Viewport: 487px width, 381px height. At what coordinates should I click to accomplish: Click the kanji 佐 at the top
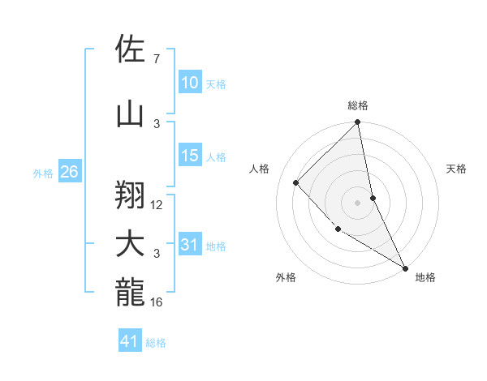(131, 49)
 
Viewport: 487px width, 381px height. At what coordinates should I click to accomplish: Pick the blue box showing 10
(189, 83)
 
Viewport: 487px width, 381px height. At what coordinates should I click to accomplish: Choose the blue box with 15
(189, 156)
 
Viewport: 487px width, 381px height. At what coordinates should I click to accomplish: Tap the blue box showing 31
(189, 245)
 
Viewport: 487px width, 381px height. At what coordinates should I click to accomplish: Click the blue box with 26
(69, 172)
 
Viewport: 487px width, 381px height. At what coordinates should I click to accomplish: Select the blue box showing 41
(130, 341)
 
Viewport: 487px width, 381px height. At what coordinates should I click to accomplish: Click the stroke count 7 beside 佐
(156, 59)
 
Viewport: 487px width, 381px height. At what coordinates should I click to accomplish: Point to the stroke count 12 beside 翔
(157, 205)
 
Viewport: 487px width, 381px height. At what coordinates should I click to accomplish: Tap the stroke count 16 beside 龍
(157, 302)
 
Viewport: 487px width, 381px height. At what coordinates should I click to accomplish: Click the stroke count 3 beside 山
(156, 123)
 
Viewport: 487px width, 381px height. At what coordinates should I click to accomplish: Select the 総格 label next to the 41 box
(156, 343)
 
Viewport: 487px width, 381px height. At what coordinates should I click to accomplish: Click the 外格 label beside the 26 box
(43, 173)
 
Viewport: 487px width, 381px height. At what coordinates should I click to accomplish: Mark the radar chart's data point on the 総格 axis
(358, 122)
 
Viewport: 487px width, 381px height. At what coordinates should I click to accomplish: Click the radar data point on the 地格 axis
(404, 268)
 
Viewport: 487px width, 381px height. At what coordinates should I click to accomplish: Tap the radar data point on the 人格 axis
(296, 182)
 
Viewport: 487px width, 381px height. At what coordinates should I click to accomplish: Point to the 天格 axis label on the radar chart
(456, 169)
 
